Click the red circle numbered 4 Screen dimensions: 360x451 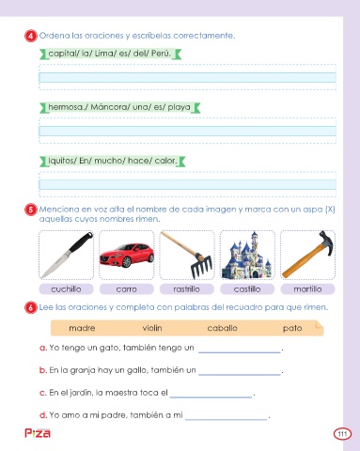(31, 36)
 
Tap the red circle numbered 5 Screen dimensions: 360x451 (31, 210)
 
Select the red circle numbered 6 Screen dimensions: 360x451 (31, 307)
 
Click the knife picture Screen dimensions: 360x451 (67, 255)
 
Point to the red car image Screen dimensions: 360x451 (127, 256)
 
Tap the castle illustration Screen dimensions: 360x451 (247, 256)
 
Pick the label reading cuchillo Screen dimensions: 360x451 (66, 289)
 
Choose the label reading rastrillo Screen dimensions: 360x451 (187, 289)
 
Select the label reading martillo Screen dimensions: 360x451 (307, 289)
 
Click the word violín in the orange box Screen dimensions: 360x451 (152, 328)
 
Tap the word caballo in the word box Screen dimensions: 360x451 (222, 328)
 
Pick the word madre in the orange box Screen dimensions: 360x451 (82, 328)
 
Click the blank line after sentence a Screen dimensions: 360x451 (240, 352)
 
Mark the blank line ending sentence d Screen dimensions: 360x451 (226, 419)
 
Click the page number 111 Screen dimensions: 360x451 (342, 434)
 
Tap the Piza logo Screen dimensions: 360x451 (38, 433)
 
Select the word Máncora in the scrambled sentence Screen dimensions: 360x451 (109, 107)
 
